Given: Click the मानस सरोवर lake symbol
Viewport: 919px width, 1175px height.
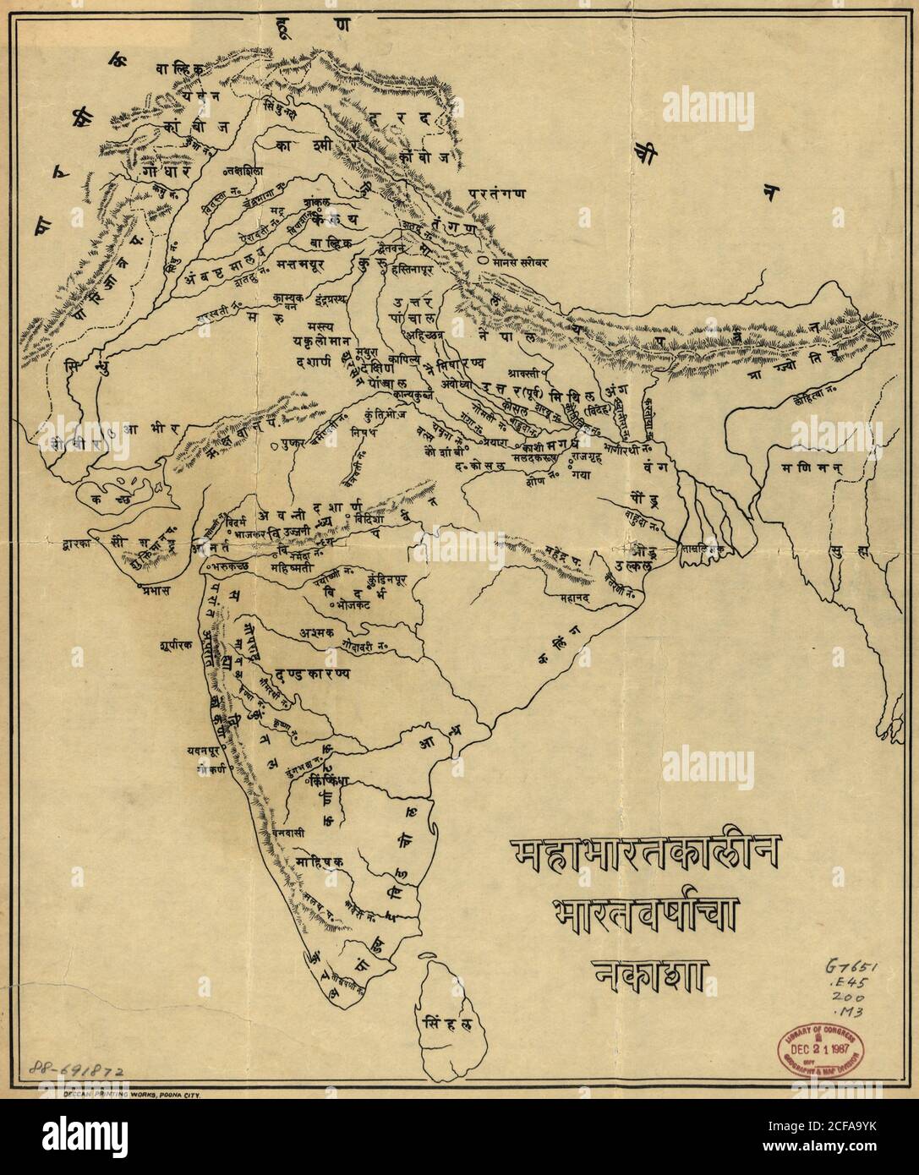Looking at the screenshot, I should click(x=481, y=262).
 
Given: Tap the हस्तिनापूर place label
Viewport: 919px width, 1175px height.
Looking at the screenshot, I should click(x=422, y=275).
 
